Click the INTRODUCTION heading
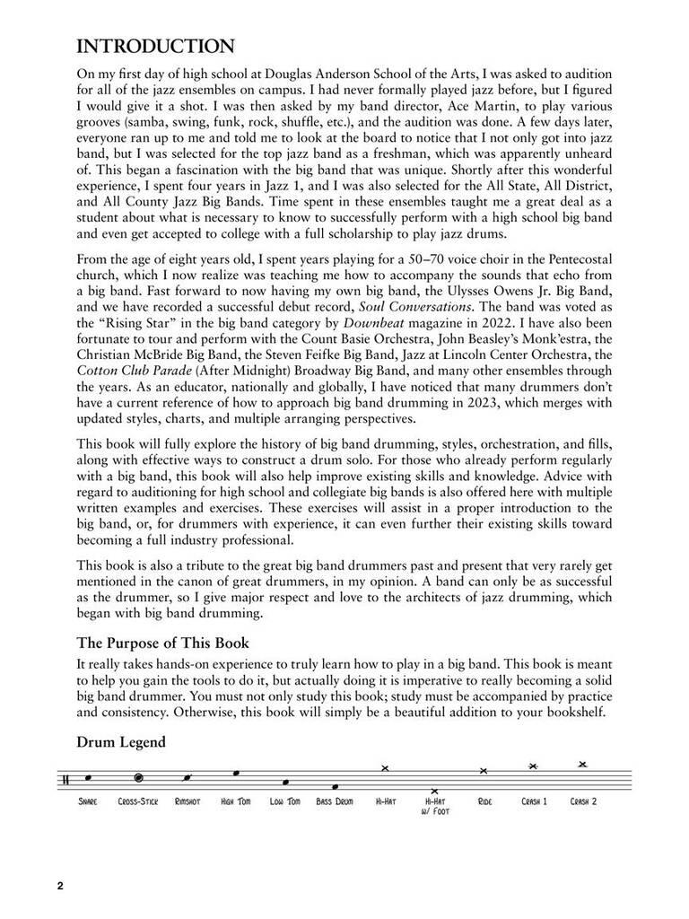point(156,46)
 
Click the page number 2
point(60,888)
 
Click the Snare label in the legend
point(88,801)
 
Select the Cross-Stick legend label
point(137,801)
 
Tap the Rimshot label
point(188,801)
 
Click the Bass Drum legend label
point(335,801)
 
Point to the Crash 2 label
point(583,801)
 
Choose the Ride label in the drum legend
point(484,801)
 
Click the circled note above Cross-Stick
point(138,778)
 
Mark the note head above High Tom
point(236,773)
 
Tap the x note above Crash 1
point(533,766)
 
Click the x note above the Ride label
point(484,771)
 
